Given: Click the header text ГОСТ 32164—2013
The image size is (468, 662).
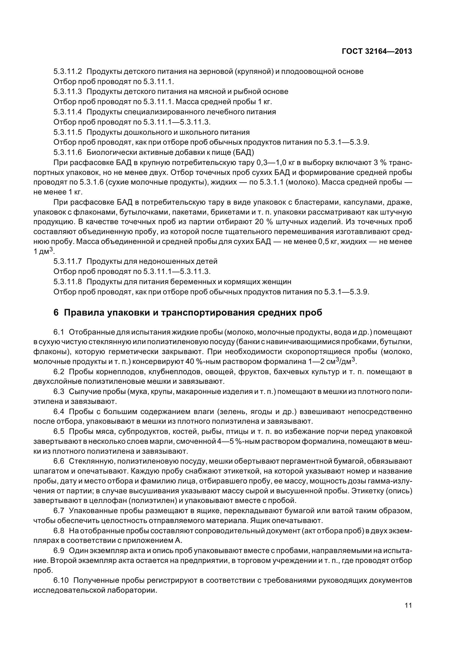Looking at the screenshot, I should point(377,51).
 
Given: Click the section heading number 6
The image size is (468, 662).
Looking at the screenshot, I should point(56,312).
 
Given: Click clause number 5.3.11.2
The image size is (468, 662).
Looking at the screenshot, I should point(67,72).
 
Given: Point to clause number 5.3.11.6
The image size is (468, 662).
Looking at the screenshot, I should point(67,152).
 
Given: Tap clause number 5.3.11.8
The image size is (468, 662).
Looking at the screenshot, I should point(67,281).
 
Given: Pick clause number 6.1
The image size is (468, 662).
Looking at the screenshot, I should point(59,332).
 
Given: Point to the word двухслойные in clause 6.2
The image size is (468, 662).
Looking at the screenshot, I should point(57,382).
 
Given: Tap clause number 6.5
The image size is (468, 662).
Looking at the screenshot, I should point(59,431).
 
